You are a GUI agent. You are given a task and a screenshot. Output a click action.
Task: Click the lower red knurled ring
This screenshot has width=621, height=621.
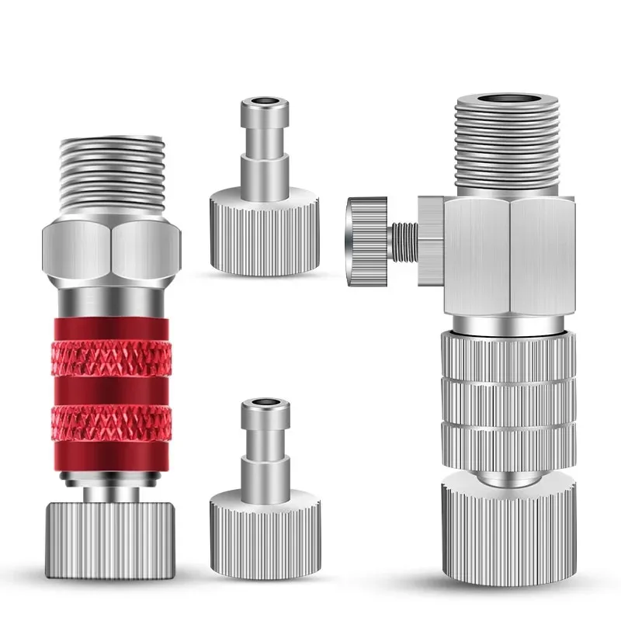[x=112, y=422]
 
